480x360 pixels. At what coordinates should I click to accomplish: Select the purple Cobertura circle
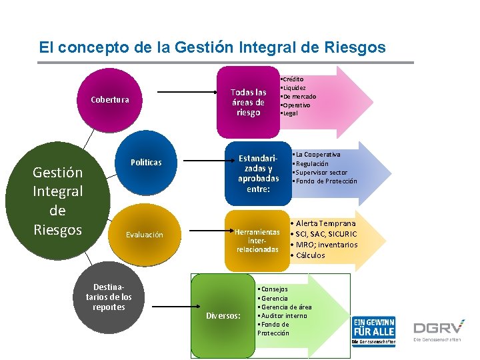(x=110, y=101)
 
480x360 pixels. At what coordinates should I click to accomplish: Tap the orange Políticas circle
(x=146, y=163)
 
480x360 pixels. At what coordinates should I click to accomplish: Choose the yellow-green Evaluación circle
(x=145, y=235)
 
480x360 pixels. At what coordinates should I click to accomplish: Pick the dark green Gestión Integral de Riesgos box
(x=57, y=201)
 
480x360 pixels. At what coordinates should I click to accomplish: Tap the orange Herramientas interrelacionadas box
(x=257, y=240)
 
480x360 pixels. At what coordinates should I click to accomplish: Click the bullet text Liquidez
(x=295, y=88)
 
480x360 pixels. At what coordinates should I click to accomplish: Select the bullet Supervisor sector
(x=321, y=173)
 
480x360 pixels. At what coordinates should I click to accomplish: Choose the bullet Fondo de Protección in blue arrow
(x=326, y=181)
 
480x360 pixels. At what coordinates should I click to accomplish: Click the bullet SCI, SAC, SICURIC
(x=326, y=234)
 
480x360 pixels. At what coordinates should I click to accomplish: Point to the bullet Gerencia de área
(x=286, y=307)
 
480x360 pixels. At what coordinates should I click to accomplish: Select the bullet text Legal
(x=291, y=113)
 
